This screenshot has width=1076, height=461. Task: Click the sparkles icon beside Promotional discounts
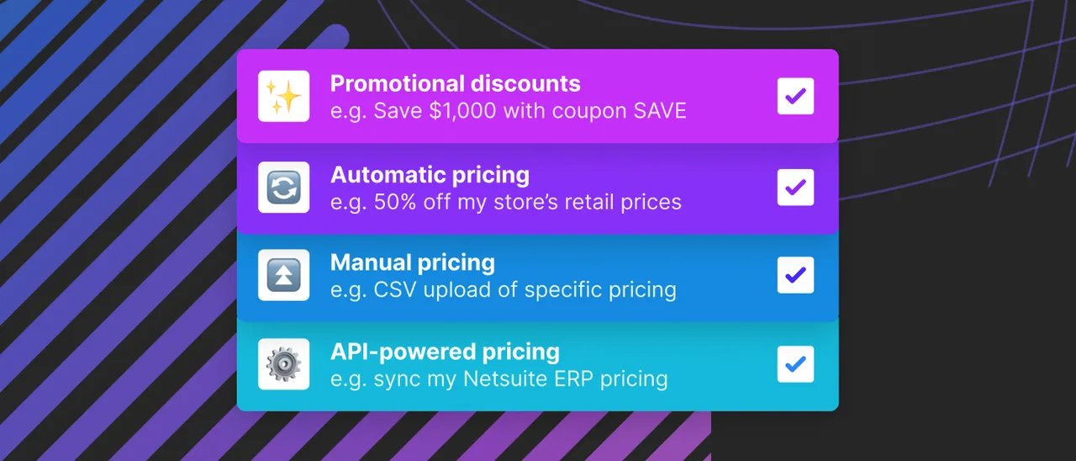click(284, 96)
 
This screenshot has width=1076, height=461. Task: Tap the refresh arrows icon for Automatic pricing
click(284, 187)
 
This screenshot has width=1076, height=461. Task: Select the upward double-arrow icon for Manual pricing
click(284, 275)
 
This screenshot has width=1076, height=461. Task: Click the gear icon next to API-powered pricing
click(284, 364)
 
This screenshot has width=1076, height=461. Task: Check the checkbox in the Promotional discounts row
click(795, 96)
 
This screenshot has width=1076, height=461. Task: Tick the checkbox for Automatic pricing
click(795, 187)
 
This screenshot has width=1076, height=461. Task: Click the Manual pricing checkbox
click(795, 275)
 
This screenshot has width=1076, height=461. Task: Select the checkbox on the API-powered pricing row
click(795, 364)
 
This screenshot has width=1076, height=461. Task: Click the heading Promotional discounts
click(455, 84)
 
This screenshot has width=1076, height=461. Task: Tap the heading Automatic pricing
click(430, 175)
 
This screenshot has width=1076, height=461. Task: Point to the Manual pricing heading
click(412, 262)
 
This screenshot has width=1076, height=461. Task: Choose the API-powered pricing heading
click(445, 352)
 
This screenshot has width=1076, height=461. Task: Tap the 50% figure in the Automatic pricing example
click(396, 203)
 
